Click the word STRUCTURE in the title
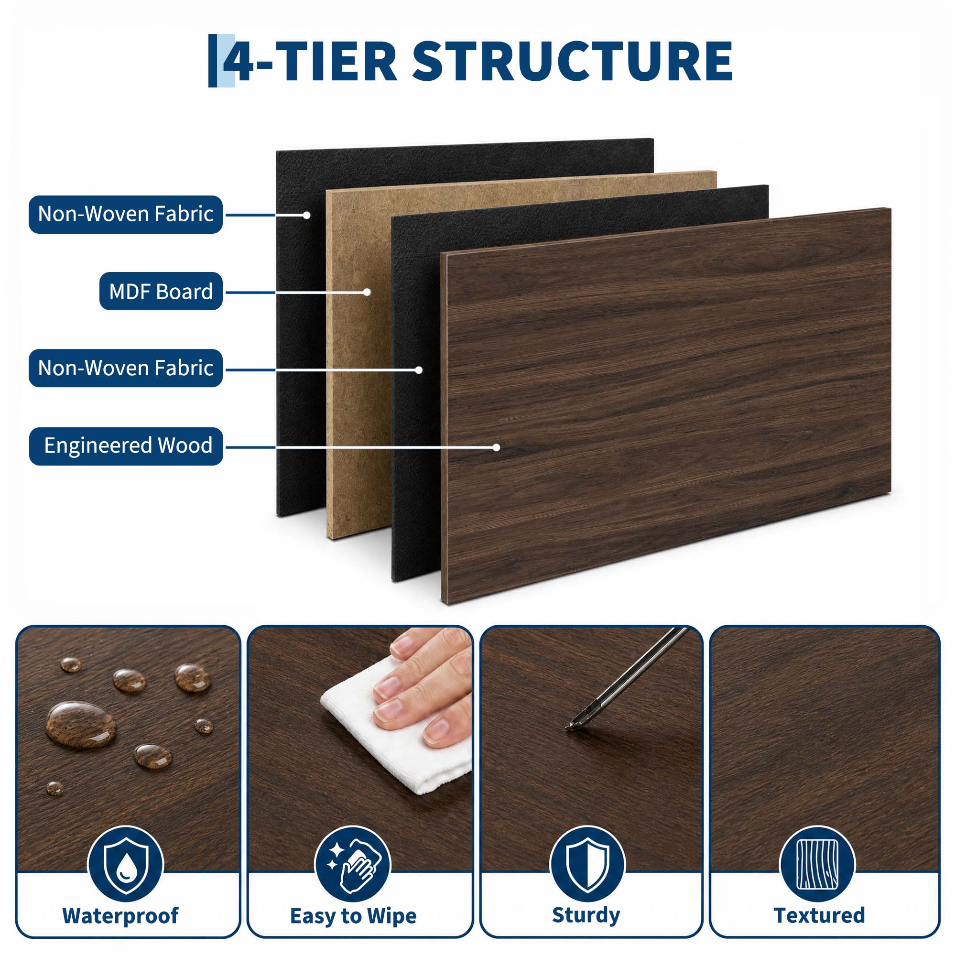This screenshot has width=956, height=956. click(x=572, y=61)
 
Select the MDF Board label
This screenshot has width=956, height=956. click(x=161, y=292)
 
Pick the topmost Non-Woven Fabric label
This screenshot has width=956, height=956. click(x=126, y=214)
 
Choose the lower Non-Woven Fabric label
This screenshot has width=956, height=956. click(x=126, y=368)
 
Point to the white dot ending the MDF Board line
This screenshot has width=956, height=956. click(x=367, y=292)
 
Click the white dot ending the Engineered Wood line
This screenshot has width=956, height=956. click(x=496, y=447)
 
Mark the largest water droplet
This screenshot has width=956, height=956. click(x=81, y=726)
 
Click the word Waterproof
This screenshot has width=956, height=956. click(x=120, y=915)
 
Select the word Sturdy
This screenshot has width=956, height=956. click(x=586, y=915)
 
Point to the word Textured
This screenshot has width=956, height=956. click(x=819, y=915)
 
